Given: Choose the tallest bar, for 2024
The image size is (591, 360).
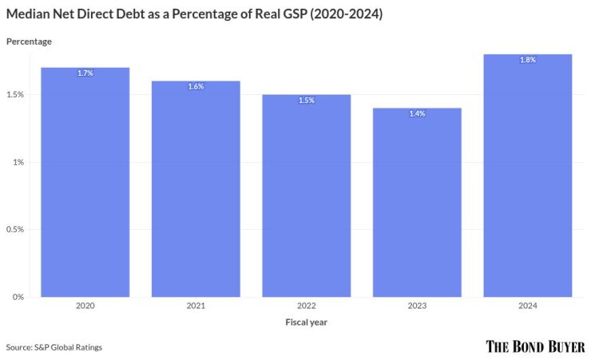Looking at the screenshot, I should point(528,176).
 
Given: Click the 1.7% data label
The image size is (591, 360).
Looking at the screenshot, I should point(85,73).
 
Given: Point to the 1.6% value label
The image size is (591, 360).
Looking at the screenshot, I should point(196,86).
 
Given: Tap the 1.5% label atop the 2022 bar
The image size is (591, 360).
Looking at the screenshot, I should point(307,101).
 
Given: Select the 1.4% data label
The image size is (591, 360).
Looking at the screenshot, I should point(417,114).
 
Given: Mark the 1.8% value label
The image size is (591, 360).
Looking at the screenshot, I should point(528,60).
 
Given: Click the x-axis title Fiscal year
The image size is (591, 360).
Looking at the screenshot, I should point(307,322).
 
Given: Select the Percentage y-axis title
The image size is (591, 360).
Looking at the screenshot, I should point(29,41).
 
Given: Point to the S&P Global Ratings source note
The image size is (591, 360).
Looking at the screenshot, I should point(54,347).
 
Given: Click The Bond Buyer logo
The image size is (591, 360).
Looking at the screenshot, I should point(535,346).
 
